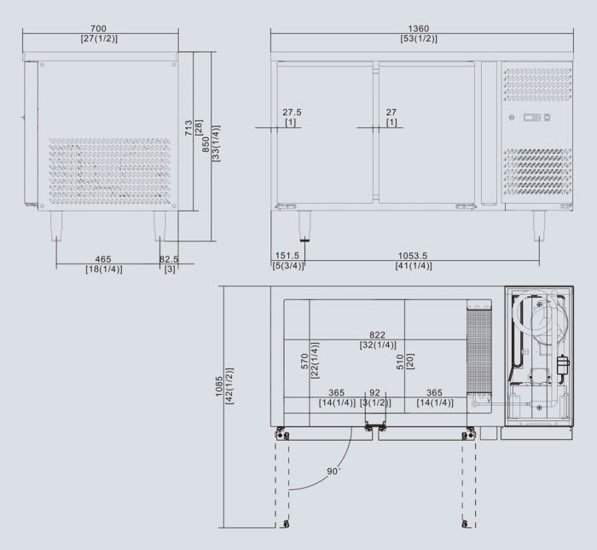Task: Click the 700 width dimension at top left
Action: click(x=100, y=28)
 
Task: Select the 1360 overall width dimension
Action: click(x=418, y=28)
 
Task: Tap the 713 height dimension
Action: click(x=188, y=128)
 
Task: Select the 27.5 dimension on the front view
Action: click(x=292, y=113)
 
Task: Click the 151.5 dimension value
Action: click(x=287, y=255)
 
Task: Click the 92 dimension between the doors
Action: click(x=374, y=392)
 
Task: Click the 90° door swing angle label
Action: click(x=333, y=470)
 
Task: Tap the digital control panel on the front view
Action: click(x=536, y=118)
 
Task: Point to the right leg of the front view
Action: click(x=539, y=225)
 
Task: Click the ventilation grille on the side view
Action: click(x=111, y=171)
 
